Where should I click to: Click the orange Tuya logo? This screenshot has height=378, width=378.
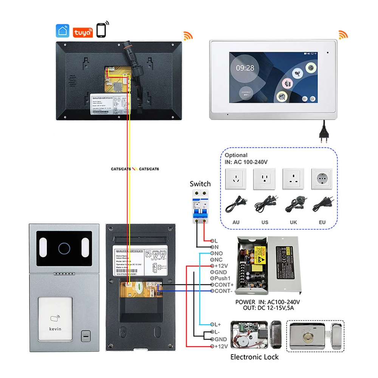[x=82, y=31]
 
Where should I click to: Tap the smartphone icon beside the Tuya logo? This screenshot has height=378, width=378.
[x=101, y=30]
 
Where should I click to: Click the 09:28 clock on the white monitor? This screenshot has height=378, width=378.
[x=245, y=68]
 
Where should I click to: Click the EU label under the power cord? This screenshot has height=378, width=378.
[x=322, y=222]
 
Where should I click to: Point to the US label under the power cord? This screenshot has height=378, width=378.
[x=265, y=222]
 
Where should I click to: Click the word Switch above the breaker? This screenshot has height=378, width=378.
[x=200, y=184]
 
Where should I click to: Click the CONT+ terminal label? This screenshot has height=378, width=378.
[x=224, y=285]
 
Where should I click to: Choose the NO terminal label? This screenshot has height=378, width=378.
[x=218, y=253]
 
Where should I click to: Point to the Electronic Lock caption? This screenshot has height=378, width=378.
[x=254, y=357]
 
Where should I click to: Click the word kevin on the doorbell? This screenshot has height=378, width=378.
[x=55, y=329]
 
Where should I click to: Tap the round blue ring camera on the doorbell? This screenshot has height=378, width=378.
[x=64, y=248]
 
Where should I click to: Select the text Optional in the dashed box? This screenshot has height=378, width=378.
[x=236, y=155]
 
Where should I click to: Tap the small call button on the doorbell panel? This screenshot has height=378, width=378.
[x=86, y=335]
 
